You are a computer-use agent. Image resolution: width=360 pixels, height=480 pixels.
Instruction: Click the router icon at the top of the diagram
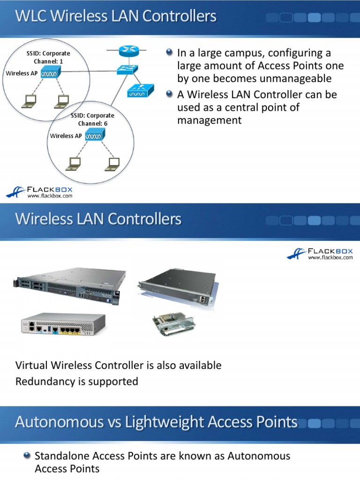[x=127, y=51]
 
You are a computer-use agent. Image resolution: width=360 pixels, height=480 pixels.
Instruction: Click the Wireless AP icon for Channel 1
[x=50, y=73]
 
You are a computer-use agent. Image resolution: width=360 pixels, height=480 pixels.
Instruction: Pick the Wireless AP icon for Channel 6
[x=95, y=135]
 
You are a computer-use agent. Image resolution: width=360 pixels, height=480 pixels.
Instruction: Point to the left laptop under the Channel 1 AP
[x=30, y=100]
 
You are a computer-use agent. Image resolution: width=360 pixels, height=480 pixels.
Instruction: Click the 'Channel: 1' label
[x=48, y=61]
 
